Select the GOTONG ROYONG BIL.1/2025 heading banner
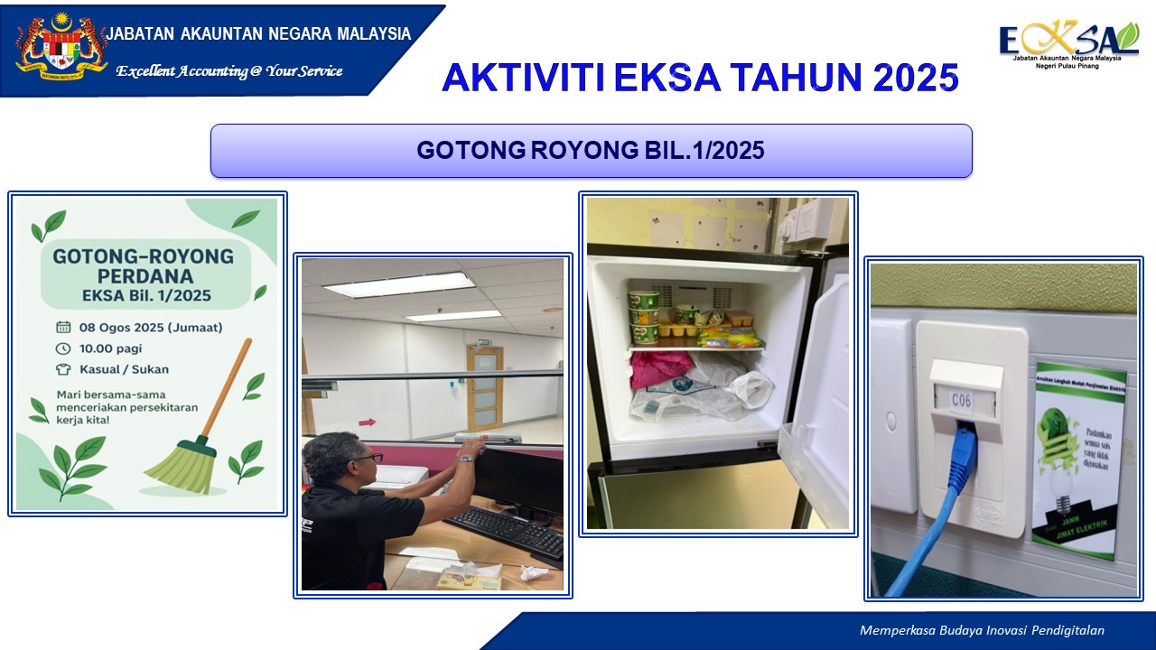(x=591, y=151)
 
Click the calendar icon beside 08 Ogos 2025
(x=63, y=328)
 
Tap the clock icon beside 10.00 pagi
(x=63, y=348)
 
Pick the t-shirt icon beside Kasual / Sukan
(x=63, y=369)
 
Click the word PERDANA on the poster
(x=143, y=275)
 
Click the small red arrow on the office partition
(x=366, y=421)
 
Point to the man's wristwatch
(x=464, y=458)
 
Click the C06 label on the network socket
(x=961, y=399)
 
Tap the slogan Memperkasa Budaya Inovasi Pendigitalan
(x=982, y=631)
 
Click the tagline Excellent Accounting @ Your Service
(x=228, y=71)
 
